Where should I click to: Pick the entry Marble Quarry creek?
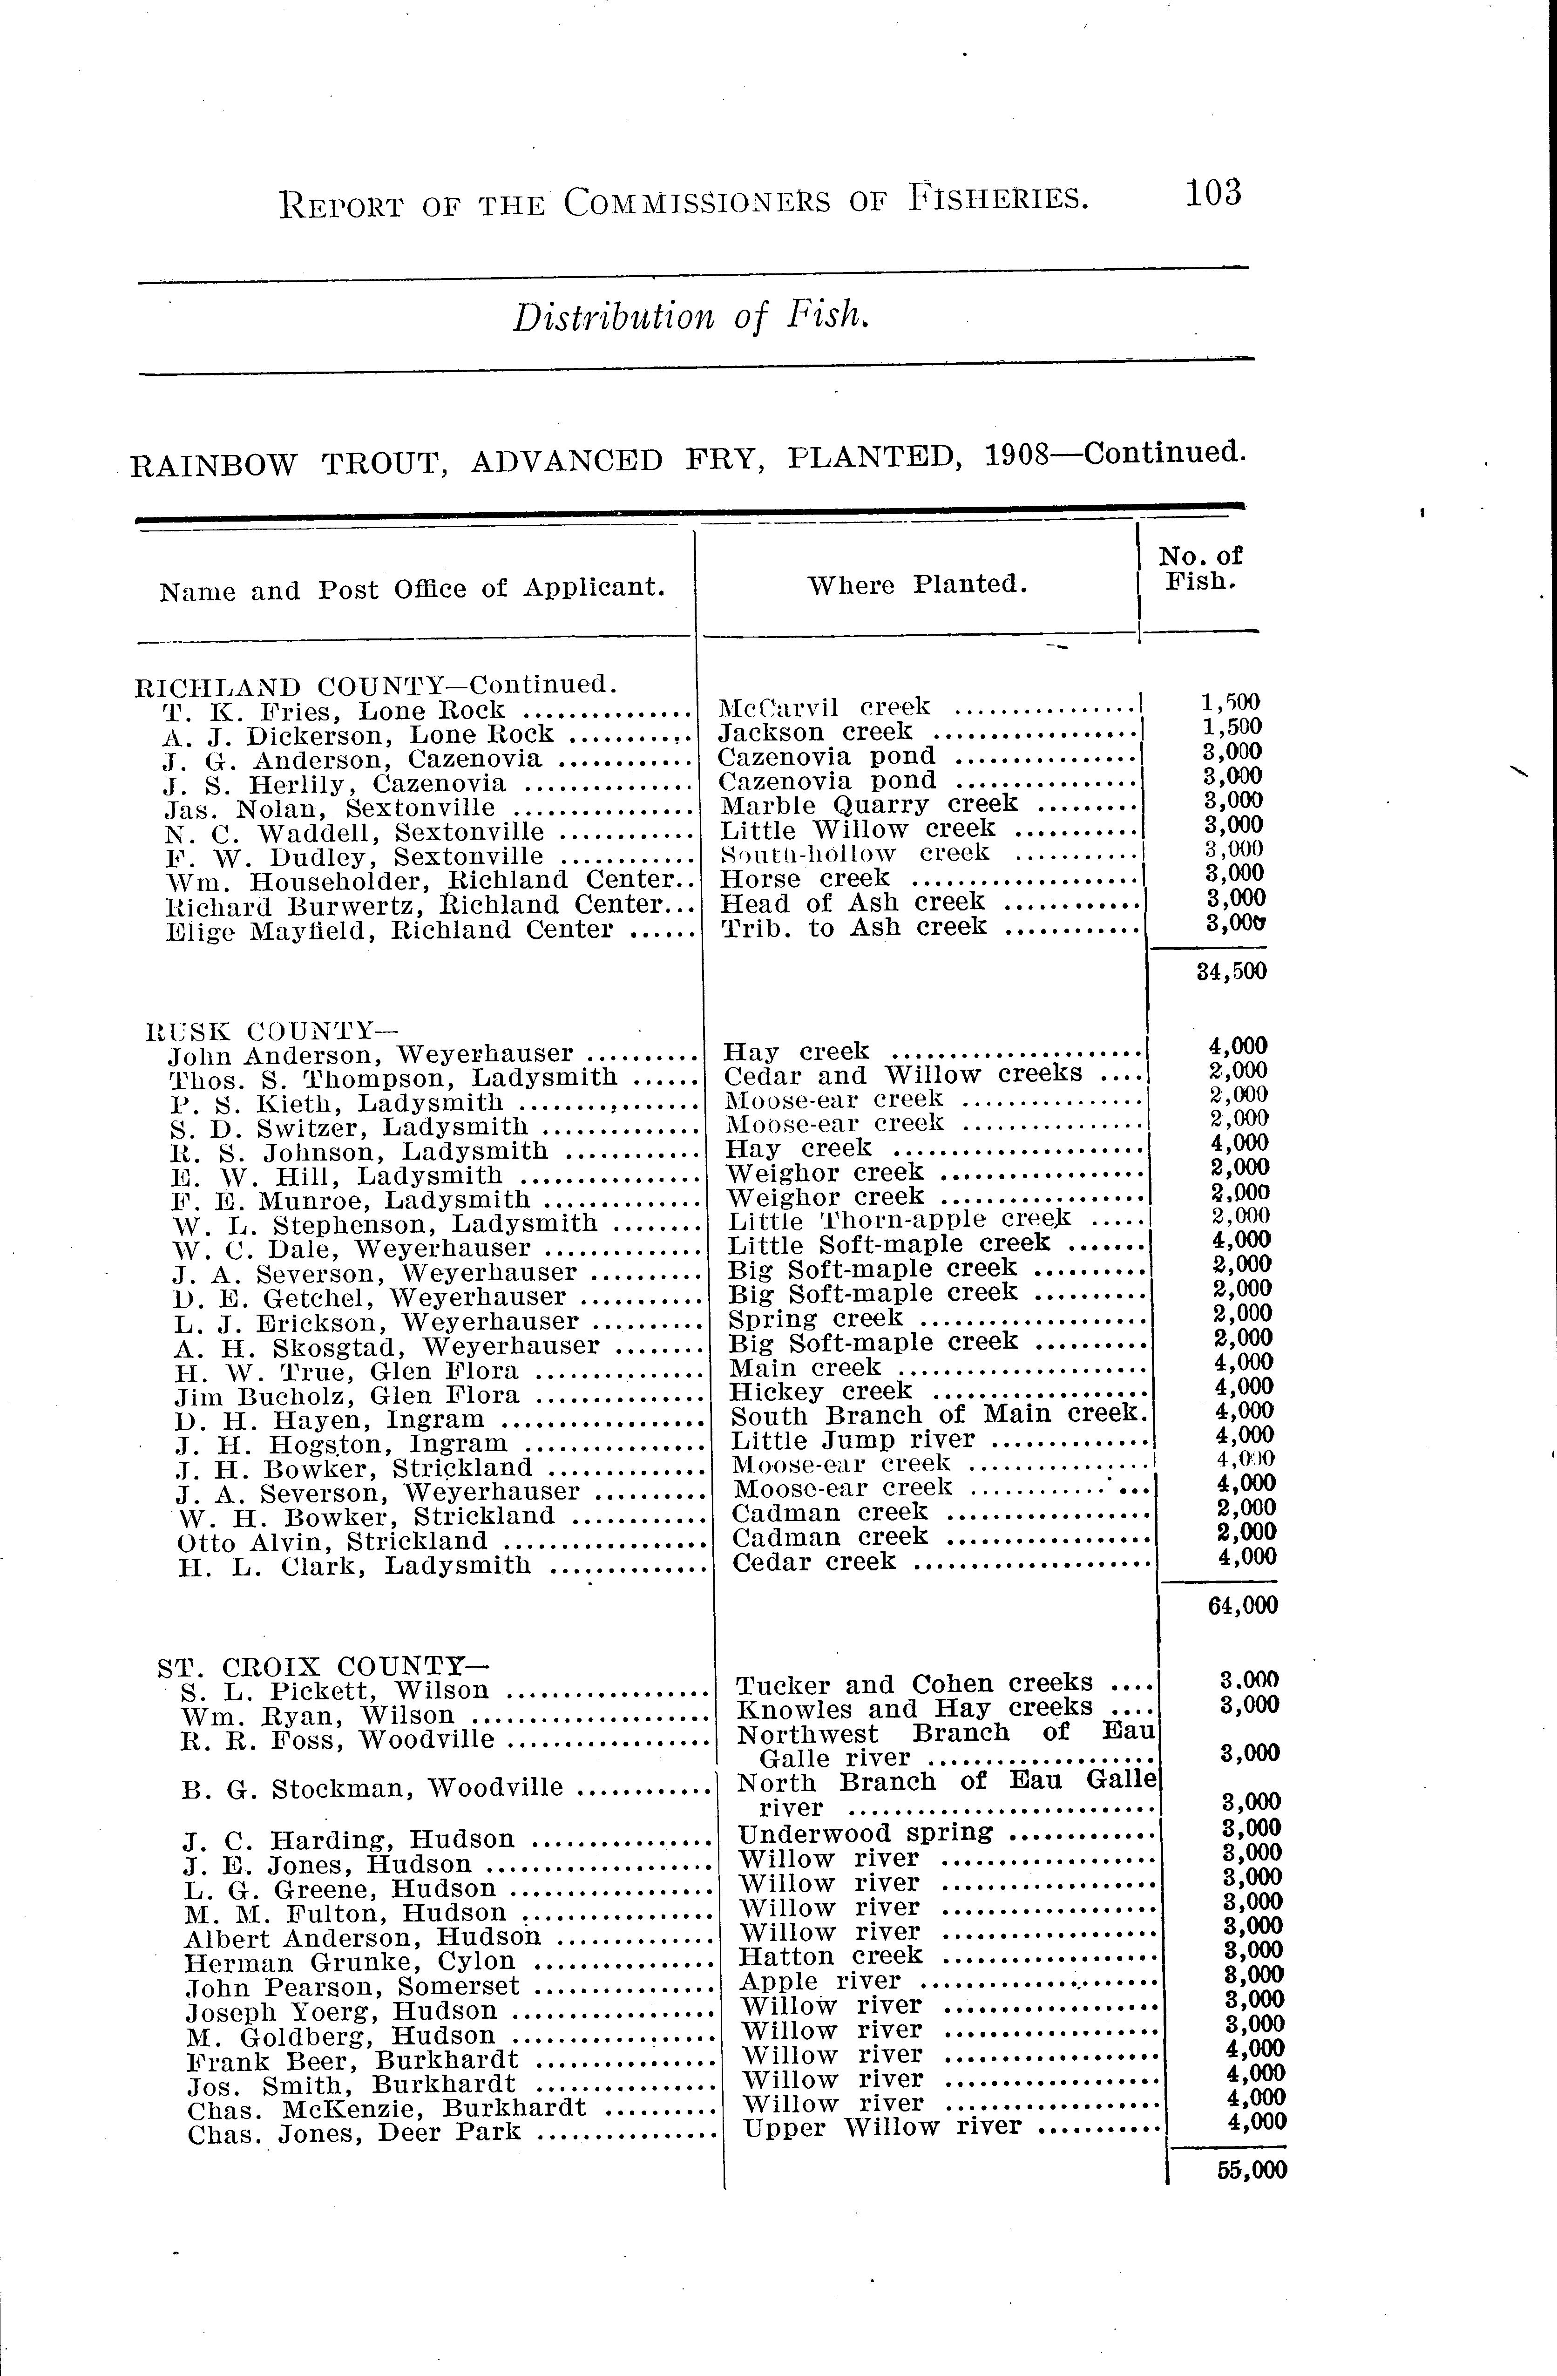(868, 804)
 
